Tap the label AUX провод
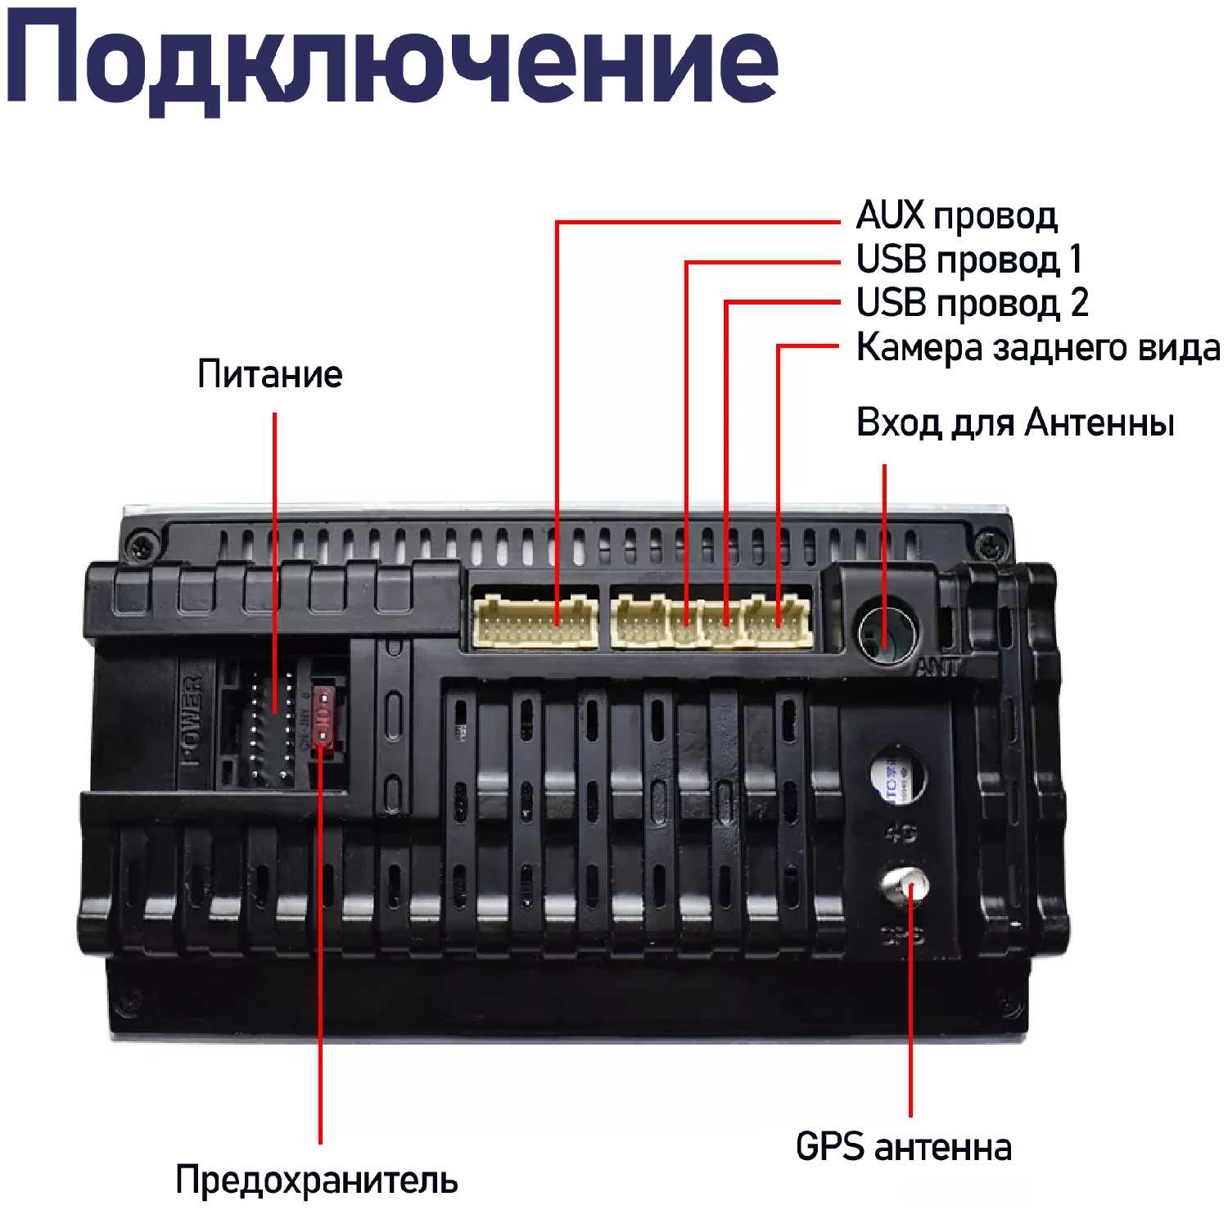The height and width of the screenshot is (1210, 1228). point(956,216)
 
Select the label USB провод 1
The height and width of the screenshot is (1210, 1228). point(968,260)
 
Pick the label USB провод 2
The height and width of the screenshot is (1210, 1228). point(972,303)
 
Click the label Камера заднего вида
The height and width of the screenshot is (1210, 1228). point(1038,347)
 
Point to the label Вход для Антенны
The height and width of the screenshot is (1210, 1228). point(1015,423)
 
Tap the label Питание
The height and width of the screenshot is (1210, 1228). point(270,374)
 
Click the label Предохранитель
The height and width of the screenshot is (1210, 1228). point(317,1180)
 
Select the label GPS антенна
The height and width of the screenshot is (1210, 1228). point(904,1147)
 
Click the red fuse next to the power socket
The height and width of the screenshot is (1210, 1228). point(325,716)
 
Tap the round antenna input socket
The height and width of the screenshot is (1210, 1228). point(887,632)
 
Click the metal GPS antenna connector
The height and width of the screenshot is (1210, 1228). point(904,888)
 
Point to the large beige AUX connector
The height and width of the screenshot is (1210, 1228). point(535,622)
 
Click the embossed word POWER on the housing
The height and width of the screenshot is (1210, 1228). point(191,720)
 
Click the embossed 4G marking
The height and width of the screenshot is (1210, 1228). point(901,833)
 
